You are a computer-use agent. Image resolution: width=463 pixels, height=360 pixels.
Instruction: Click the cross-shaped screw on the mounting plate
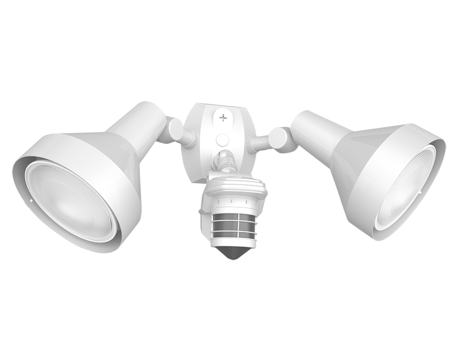222,118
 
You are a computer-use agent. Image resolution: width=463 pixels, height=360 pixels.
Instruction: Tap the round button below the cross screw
222,139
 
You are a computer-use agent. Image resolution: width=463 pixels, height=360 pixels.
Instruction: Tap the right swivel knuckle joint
278,138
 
